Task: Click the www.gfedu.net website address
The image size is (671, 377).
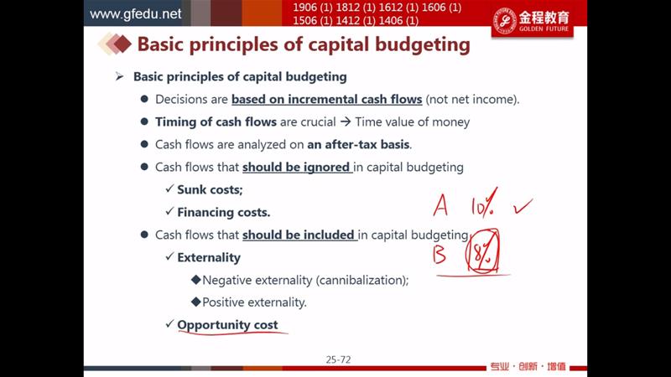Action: [135, 14]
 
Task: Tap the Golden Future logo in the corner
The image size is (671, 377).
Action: [532, 21]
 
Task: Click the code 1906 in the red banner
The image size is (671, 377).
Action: [304, 8]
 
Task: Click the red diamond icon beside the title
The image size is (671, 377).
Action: [122, 44]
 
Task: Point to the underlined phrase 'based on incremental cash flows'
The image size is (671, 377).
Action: [327, 99]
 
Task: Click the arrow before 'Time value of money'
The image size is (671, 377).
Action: [346, 121]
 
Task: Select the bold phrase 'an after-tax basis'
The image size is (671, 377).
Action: [358, 144]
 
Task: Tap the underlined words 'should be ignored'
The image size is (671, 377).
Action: [296, 167]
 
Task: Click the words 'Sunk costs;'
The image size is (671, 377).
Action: [210, 190]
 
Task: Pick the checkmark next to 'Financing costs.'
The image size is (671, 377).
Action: [169, 211]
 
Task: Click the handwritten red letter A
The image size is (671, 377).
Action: [440, 205]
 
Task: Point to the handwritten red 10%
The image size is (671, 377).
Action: [484, 203]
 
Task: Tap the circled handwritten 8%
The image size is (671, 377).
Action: [482, 250]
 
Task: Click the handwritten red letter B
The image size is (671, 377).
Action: [439, 254]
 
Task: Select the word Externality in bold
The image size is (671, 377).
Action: [209, 257]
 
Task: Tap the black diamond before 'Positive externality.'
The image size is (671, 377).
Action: [196, 302]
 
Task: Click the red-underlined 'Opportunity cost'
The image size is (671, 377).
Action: [227, 325]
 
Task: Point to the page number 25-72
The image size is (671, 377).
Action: [338, 360]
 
